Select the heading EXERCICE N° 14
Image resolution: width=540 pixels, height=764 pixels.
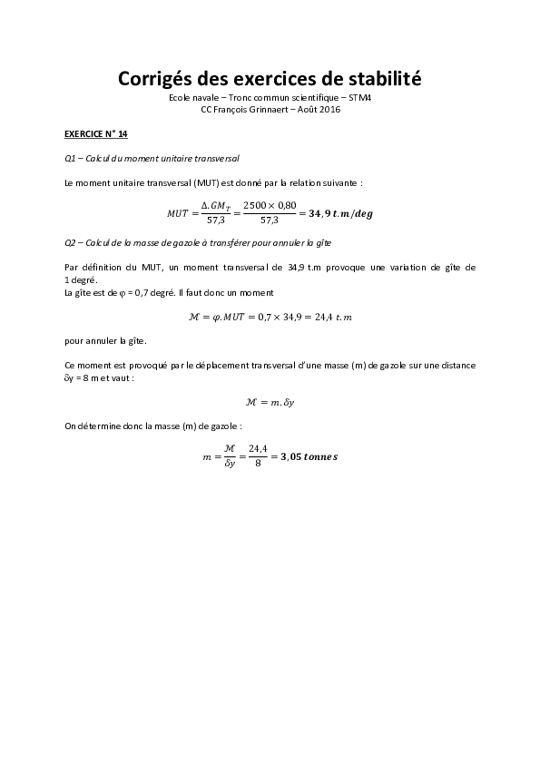tap(96, 133)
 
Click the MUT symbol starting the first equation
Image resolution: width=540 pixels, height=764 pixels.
tap(178, 213)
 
